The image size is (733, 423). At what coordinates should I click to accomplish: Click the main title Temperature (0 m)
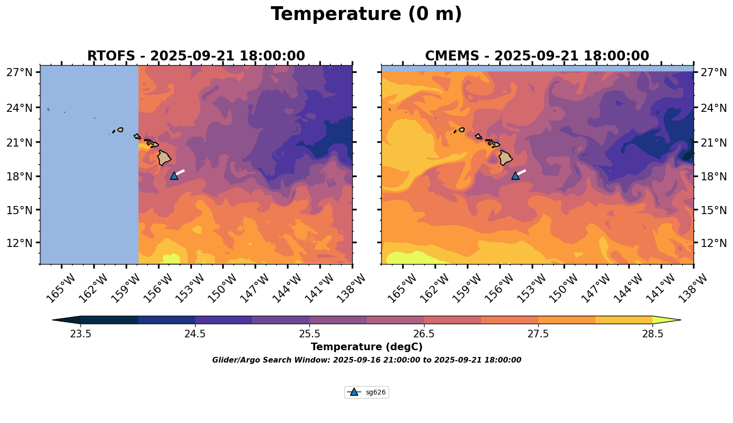(x=366, y=14)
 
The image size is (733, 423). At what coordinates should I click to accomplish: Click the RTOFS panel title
(x=196, y=56)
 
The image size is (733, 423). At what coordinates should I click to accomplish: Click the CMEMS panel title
(x=537, y=56)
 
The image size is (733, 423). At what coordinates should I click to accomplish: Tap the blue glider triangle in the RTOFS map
(x=174, y=176)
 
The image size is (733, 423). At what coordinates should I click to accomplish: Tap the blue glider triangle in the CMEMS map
(x=515, y=176)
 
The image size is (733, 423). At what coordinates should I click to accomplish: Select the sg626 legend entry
(x=366, y=393)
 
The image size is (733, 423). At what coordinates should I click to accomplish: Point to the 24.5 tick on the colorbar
(x=195, y=334)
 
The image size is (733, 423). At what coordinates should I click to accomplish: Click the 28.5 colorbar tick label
(x=653, y=334)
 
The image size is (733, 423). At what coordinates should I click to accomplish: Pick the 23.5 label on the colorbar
(x=80, y=334)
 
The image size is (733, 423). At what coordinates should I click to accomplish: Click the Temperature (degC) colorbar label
(x=366, y=347)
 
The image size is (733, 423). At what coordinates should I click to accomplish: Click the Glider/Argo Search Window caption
(x=366, y=360)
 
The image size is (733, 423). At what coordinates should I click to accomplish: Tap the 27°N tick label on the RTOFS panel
(x=20, y=73)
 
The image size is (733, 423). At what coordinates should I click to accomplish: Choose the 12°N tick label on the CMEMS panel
(x=713, y=243)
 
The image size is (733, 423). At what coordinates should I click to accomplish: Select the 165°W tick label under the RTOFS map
(x=60, y=288)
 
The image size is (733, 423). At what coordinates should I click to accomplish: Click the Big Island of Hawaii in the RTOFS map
(x=164, y=157)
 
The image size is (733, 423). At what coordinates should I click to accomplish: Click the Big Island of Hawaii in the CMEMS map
(x=505, y=157)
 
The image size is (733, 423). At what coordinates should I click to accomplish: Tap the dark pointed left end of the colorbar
(x=66, y=320)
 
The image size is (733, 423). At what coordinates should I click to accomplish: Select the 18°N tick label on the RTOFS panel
(x=20, y=177)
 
